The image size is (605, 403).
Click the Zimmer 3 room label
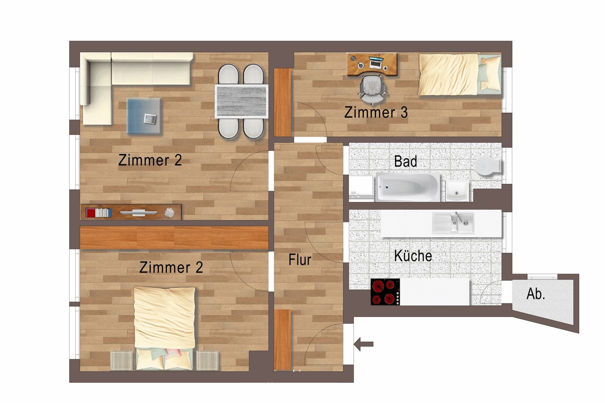coord(376,112)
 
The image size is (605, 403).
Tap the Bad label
coord(405,161)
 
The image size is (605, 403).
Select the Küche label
coord(413,256)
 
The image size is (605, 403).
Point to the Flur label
coord(300,260)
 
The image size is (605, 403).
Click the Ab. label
coord(536,294)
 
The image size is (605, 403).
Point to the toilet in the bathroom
coord(487,166)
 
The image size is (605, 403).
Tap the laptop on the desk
coord(376,63)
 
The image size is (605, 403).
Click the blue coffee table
coord(144,116)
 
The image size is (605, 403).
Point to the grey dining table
coord(241,101)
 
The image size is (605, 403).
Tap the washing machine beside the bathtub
coord(361,187)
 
